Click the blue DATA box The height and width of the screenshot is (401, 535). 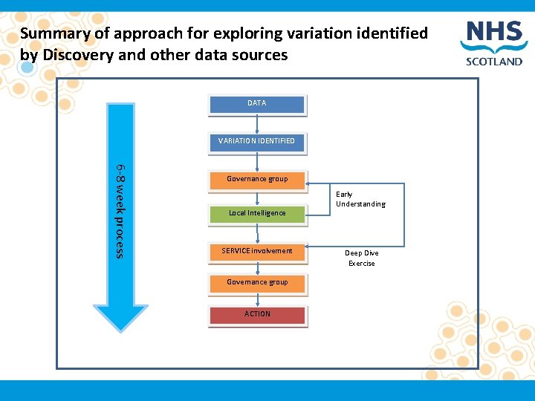point(257,104)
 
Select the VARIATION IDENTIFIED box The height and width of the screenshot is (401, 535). point(257,141)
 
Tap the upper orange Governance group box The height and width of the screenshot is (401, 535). point(257,179)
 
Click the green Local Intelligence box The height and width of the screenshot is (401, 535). point(257,214)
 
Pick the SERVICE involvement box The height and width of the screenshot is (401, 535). point(257,251)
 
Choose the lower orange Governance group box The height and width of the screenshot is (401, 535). point(257,283)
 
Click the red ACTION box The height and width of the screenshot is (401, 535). point(257,314)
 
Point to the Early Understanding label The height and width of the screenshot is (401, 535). point(360,199)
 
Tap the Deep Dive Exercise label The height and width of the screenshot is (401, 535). point(362,258)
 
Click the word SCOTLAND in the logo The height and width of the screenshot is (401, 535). point(494,62)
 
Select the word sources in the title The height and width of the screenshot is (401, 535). point(260,55)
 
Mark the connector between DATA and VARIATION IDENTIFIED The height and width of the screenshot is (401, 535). point(257,123)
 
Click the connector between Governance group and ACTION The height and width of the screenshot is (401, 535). point(257,299)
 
